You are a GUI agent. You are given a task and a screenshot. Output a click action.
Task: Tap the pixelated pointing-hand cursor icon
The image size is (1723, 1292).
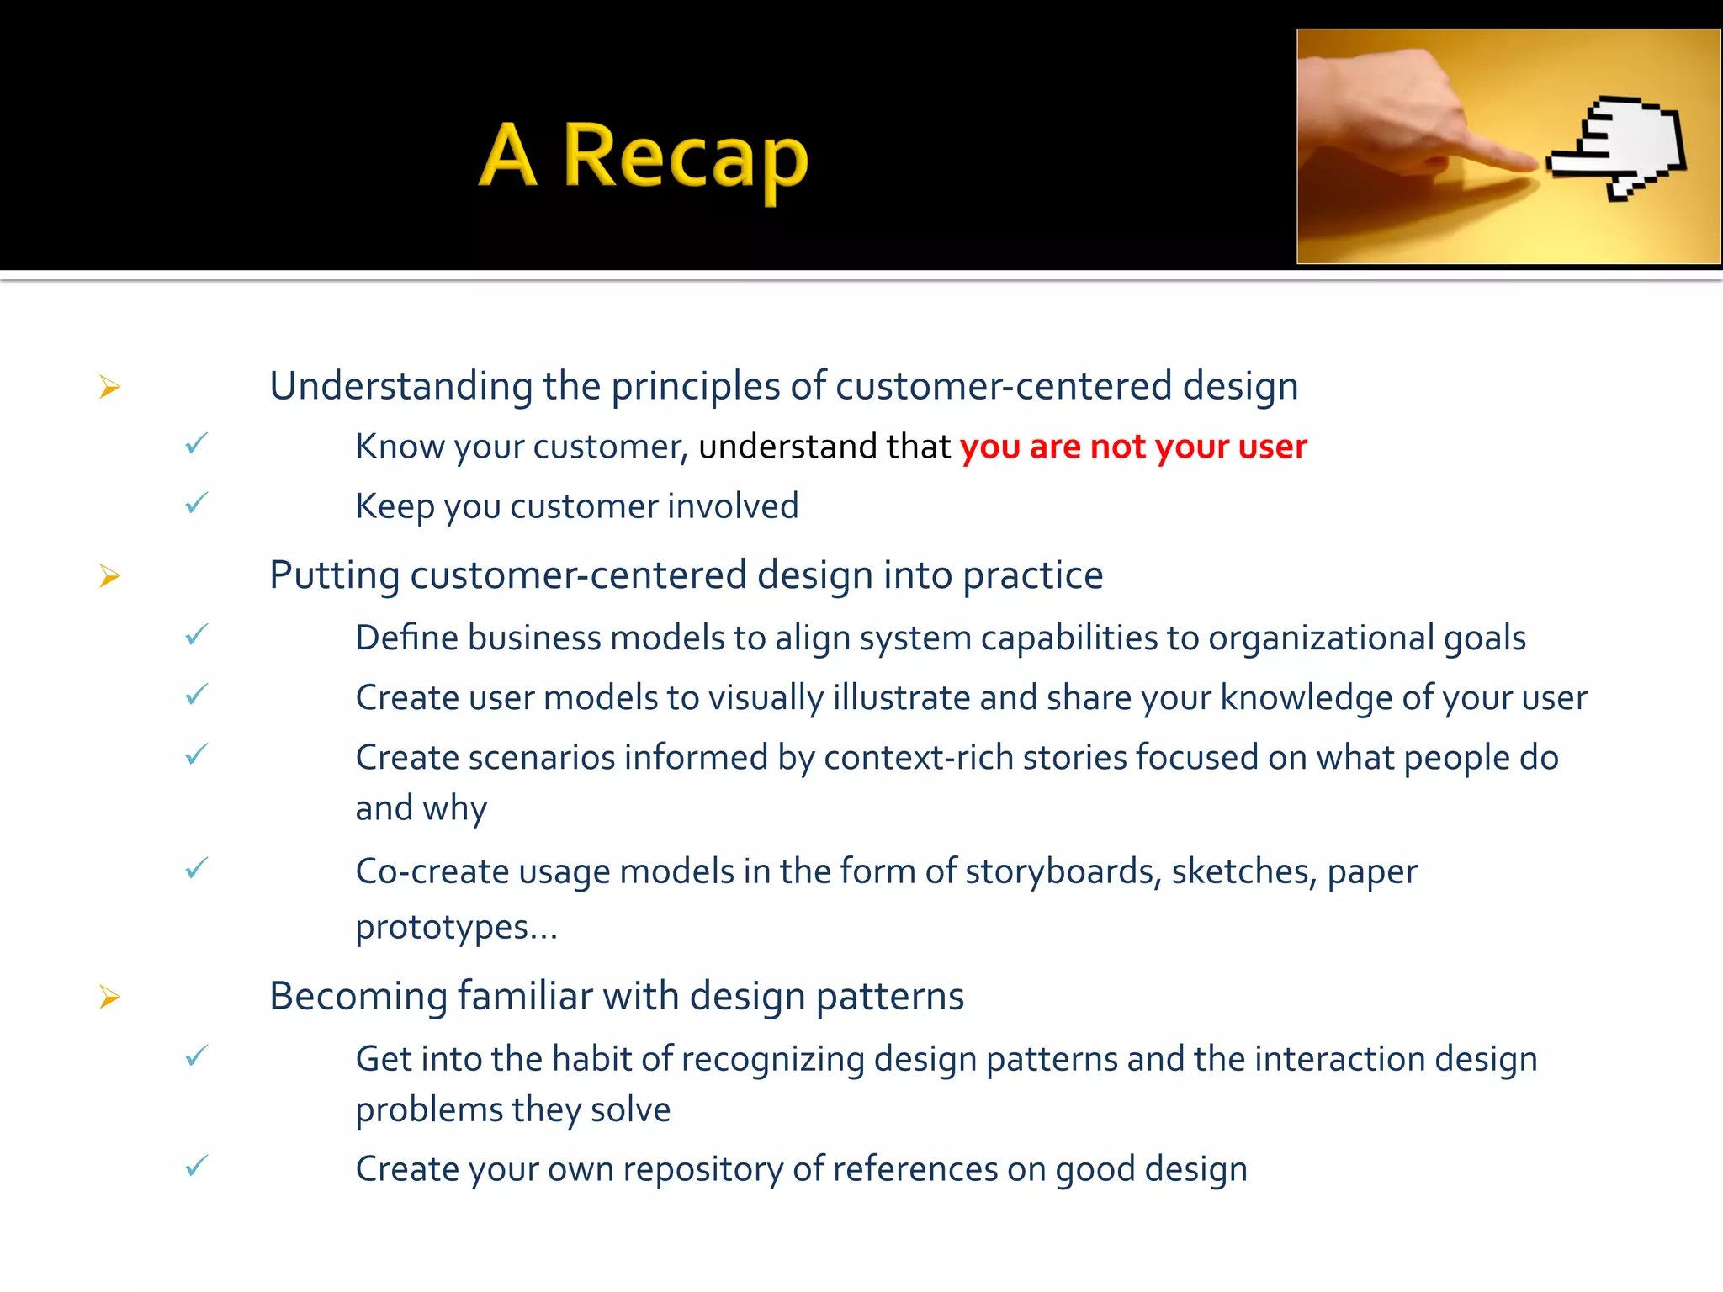coord(1620,147)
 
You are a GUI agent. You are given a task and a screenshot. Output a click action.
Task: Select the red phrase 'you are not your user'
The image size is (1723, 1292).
coord(1133,447)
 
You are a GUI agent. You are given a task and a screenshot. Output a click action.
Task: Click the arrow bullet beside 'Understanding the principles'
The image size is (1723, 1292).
coord(110,387)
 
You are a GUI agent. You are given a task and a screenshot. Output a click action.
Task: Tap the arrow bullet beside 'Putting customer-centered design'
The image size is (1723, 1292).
coord(110,576)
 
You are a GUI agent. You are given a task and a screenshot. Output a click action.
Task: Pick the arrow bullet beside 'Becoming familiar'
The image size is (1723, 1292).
coord(110,997)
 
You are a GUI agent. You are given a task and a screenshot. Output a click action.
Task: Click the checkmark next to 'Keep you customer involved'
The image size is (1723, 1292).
coord(197,504)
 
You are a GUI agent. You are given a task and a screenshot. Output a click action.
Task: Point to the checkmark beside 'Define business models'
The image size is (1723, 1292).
coord(197,635)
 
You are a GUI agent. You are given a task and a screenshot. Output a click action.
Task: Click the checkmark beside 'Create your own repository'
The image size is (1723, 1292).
coord(197,1166)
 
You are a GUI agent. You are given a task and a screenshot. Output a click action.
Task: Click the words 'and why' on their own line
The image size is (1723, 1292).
coord(421,808)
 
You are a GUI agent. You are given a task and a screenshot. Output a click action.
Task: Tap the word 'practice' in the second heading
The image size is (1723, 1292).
coord(1032,576)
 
